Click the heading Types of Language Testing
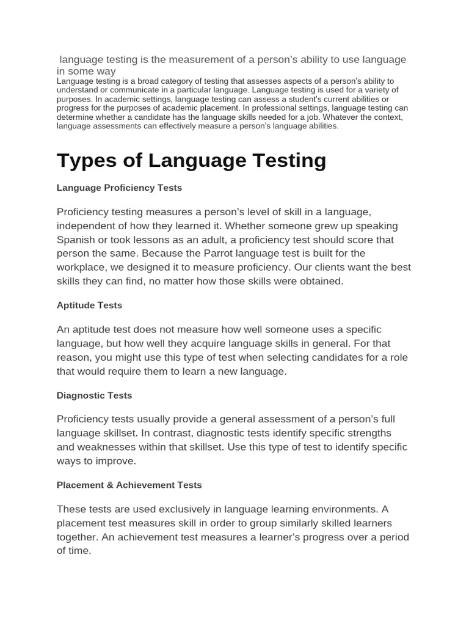click(191, 160)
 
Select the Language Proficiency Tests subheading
click(119, 188)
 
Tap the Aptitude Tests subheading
click(89, 305)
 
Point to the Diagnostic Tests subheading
click(94, 396)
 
